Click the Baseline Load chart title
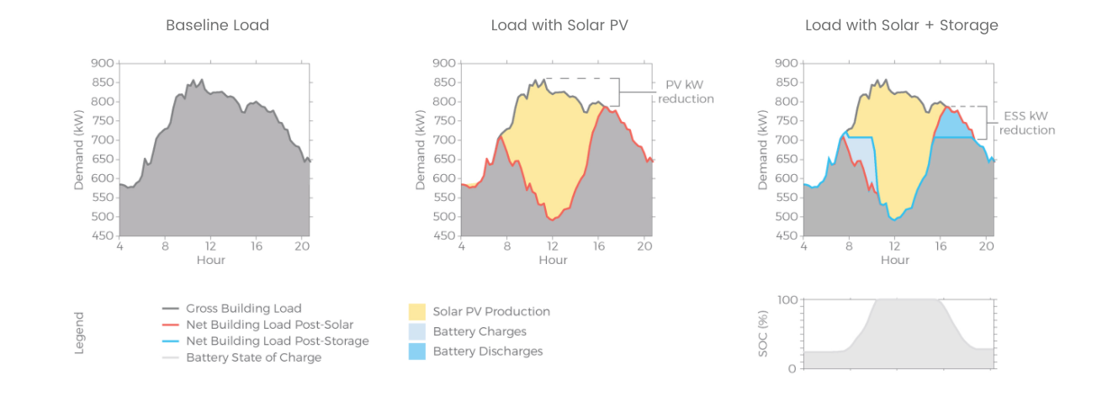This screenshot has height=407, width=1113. tap(217, 25)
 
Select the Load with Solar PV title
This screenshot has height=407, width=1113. tap(559, 25)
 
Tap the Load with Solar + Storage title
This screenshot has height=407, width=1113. tap(901, 25)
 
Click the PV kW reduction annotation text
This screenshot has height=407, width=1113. tap(686, 92)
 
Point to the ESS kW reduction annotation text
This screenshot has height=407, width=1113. tap(1026, 123)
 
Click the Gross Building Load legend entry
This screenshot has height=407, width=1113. tap(243, 309)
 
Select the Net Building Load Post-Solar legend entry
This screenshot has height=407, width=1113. tap(269, 325)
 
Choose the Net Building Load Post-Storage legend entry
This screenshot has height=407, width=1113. tap(277, 341)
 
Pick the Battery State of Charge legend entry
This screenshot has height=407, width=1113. tap(253, 357)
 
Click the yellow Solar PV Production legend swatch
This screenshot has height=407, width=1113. tap(417, 311)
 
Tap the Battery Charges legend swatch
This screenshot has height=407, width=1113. tap(417, 331)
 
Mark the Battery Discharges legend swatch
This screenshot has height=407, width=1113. tap(417, 351)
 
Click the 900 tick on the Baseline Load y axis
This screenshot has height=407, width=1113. tap(102, 63)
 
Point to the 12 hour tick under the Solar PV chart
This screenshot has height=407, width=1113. tap(553, 246)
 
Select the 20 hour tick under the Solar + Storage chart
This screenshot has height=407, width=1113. tap(986, 246)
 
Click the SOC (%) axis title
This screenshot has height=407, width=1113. tap(763, 335)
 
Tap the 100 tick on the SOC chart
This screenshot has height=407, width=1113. tap(787, 300)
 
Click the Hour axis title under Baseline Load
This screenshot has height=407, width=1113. tap(211, 260)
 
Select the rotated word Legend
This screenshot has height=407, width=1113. tap(80, 333)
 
